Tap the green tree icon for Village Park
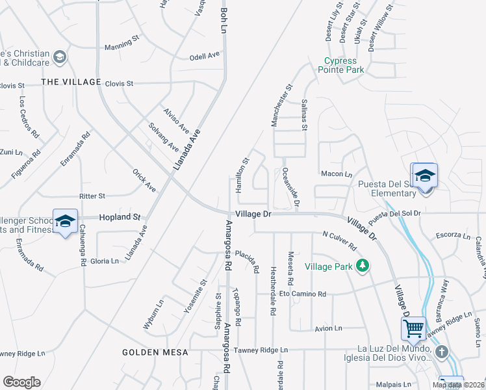click(363, 265)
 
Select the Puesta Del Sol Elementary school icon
click(425, 176)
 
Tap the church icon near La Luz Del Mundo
click(442, 352)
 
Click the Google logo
click(22, 382)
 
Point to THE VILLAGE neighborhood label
click(71, 82)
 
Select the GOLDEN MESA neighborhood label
click(155, 352)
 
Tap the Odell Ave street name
click(205, 56)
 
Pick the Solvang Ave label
click(163, 136)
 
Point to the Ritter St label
click(92, 196)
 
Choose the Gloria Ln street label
click(105, 261)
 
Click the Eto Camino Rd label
click(302, 294)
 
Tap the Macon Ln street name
click(336, 174)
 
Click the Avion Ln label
click(328, 329)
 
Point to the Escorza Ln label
click(452, 235)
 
